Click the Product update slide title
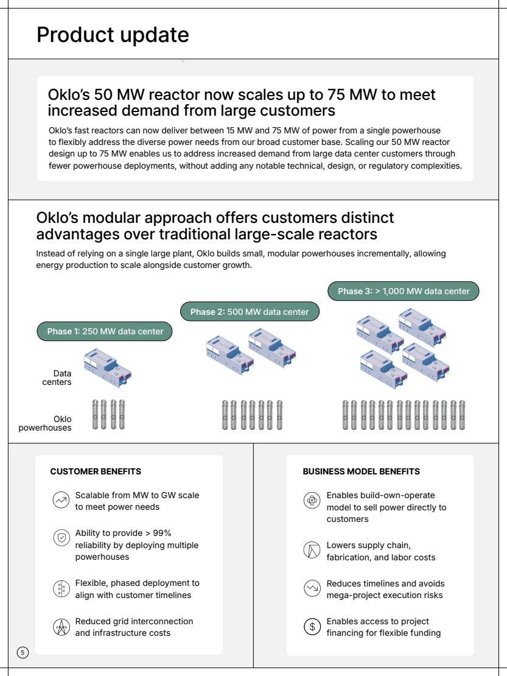(x=113, y=35)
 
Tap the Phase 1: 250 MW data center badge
(x=105, y=332)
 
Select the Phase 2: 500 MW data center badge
(x=250, y=312)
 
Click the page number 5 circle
(x=22, y=653)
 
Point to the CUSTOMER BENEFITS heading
(x=96, y=471)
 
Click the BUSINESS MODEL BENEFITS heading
(x=361, y=471)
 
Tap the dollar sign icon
(x=311, y=626)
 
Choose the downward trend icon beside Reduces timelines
(x=311, y=588)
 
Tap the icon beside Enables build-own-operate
(x=311, y=501)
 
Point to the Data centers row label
(x=62, y=378)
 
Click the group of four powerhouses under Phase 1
(x=108, y=415)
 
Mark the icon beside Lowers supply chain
(x=311, y=551)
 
